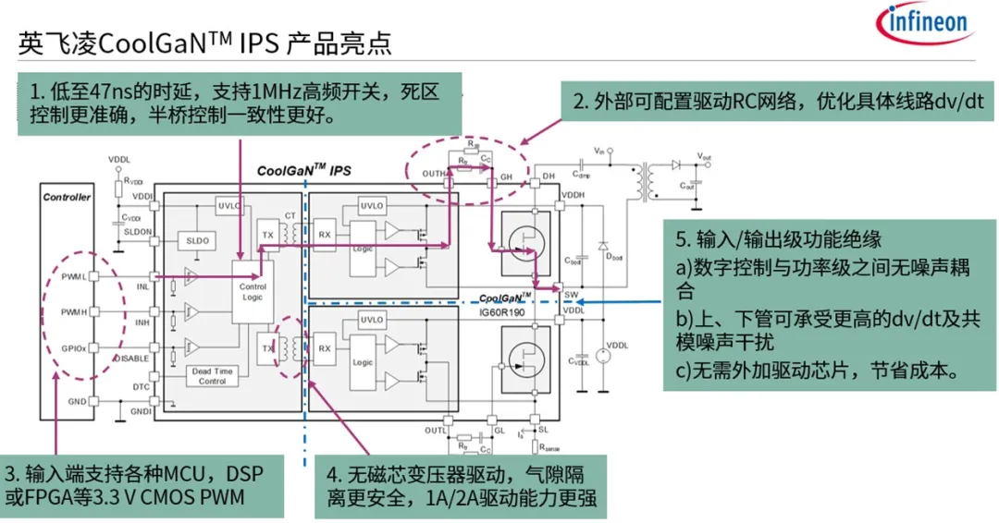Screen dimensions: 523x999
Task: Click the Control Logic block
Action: pos(253,293)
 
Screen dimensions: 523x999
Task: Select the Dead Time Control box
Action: pos(212,375)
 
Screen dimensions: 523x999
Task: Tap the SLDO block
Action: pos(198,239)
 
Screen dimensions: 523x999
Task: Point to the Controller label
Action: pos(68,197)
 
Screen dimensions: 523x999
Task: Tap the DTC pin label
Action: pos(142,387)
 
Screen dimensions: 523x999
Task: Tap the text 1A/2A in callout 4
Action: pos(450,500)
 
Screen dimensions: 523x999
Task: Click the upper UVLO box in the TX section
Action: pos(227,205)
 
